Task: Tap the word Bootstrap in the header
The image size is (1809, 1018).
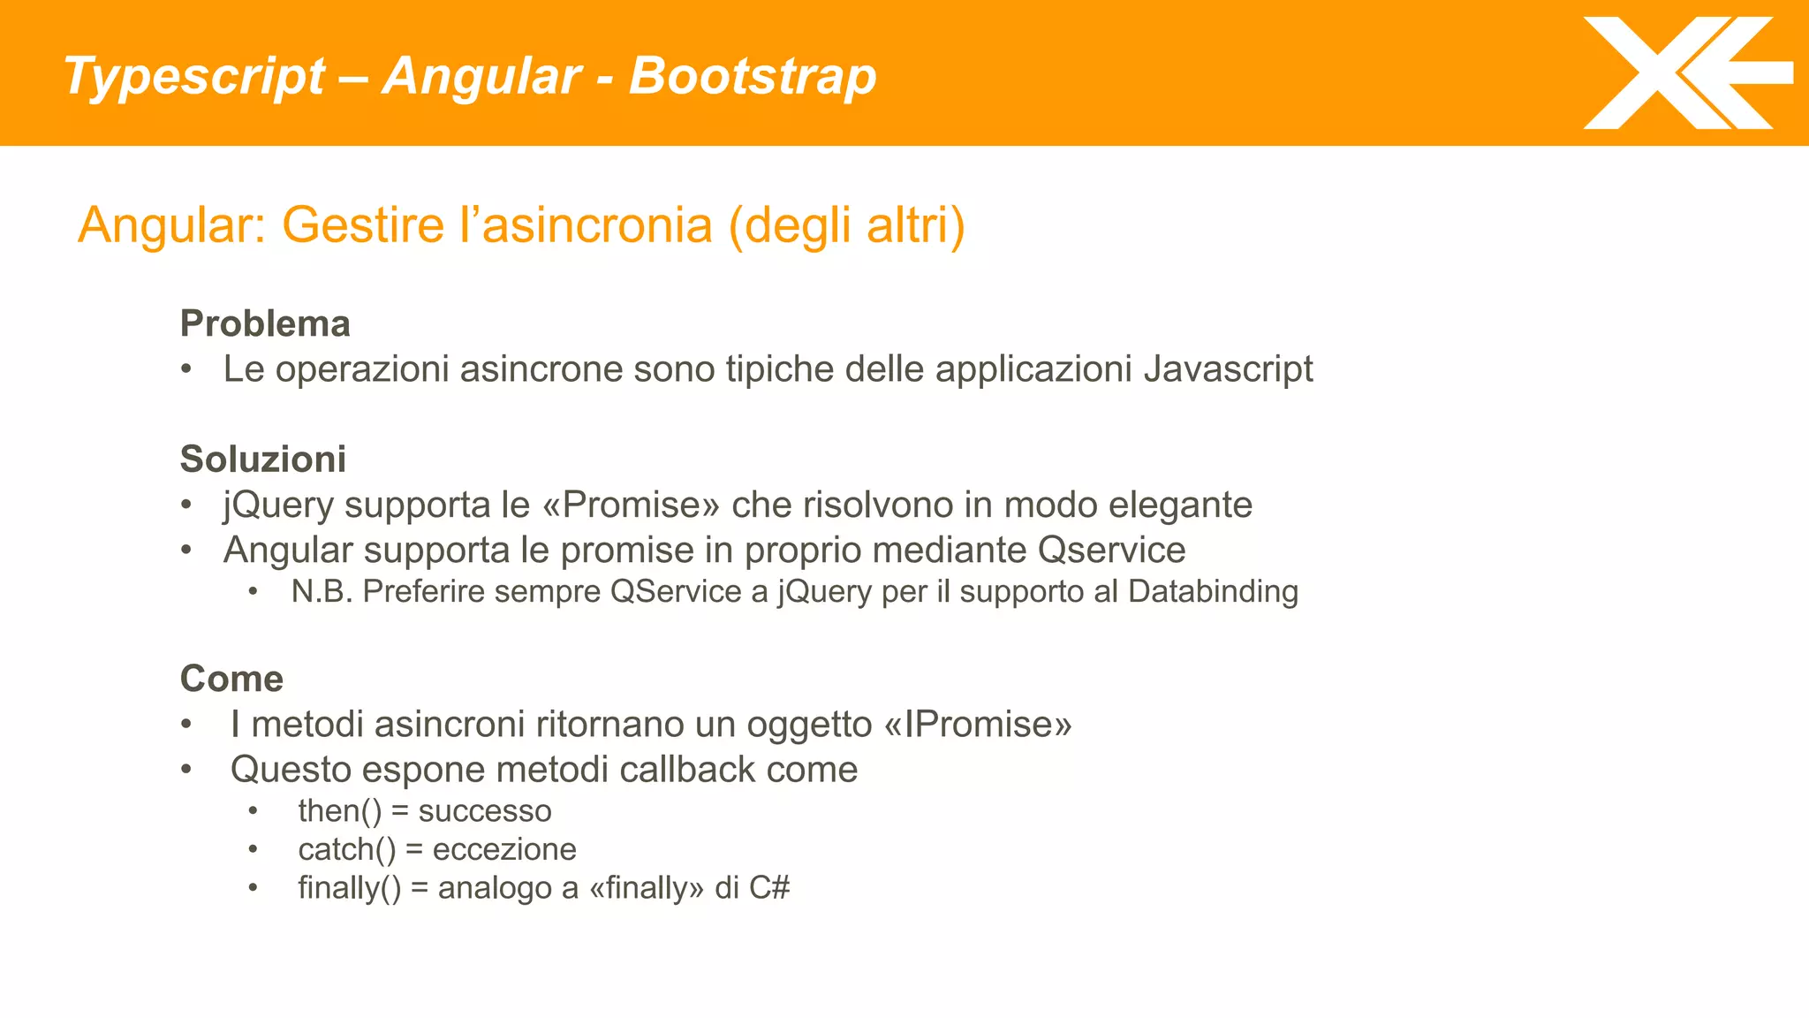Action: pos(752,76)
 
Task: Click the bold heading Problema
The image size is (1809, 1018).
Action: pos(265,323)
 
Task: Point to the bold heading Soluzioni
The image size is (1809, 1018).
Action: pos(263,460)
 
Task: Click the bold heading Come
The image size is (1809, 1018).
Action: pos(231,679)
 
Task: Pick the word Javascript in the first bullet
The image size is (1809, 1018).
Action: pos(1228,369)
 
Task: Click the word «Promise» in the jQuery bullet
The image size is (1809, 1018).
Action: pos(632,505)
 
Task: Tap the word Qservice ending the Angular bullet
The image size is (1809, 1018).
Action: pos(1111,551)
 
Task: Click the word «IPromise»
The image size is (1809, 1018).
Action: pos(977,725)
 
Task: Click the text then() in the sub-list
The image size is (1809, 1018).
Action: pos(340,811)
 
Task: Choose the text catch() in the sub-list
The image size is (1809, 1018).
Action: pos(347,850)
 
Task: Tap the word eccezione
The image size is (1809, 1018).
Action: pos(504,850)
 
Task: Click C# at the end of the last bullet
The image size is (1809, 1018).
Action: pos(768,888)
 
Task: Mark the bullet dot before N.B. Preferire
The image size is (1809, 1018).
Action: pos(254,591)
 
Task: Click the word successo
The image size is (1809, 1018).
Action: pos(485,811)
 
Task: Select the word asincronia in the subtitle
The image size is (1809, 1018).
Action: pos(598,225)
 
